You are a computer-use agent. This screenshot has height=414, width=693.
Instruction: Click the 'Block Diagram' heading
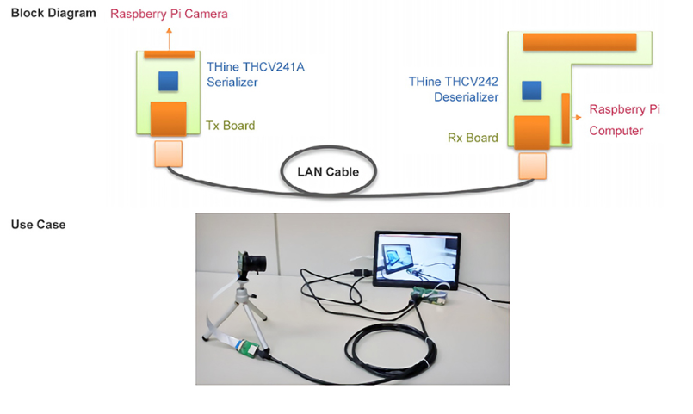[53, 13]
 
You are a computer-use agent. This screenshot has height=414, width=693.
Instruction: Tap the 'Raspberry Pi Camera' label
[170, 14]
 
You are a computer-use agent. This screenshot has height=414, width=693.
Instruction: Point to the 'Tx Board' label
[230, 126]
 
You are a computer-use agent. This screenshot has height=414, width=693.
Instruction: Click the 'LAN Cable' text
[328, 171]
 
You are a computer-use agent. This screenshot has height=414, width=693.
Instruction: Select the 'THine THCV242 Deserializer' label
[454, 90]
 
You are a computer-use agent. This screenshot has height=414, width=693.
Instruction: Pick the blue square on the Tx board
[168, 81]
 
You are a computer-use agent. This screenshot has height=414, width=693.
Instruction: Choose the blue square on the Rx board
[532, 90]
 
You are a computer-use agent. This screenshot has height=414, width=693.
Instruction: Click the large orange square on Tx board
[169, 119]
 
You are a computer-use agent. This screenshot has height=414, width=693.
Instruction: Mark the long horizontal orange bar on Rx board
[579, 41]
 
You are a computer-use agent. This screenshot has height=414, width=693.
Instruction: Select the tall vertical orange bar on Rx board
[566, 118]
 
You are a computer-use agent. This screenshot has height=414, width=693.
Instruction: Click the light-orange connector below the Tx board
[168, 154]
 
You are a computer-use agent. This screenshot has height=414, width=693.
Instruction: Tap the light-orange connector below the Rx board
[532, 165]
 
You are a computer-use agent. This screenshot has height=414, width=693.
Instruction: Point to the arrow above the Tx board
[169, 37]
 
